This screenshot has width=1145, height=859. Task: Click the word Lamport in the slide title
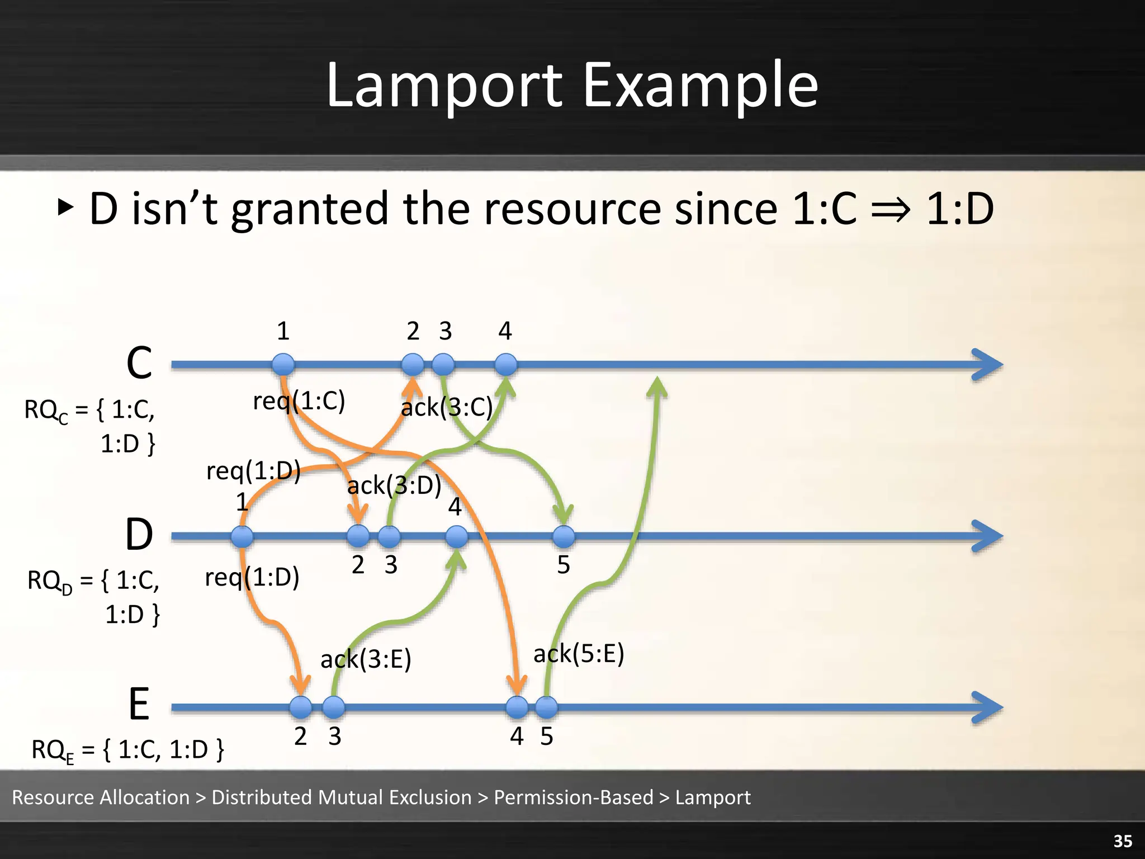444,86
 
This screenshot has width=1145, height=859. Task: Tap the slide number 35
1123,841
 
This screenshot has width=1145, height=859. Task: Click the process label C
139,363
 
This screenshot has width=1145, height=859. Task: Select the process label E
139,704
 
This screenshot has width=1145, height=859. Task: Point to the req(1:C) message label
299,400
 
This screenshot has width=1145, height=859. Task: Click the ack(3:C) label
447,407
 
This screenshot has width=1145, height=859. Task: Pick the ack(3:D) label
394,485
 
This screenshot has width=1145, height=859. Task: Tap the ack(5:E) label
579,653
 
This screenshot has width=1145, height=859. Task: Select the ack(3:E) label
366,659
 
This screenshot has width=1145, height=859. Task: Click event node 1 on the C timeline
283,365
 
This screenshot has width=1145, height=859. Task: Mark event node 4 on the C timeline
506,365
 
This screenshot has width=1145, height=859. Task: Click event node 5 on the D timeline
564,536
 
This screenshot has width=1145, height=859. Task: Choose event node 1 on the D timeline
242,536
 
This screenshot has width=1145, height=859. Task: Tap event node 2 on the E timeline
301,707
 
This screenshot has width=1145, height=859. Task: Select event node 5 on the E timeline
546,707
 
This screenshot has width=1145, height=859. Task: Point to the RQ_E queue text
127,749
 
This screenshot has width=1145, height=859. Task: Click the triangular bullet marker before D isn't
65,208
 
